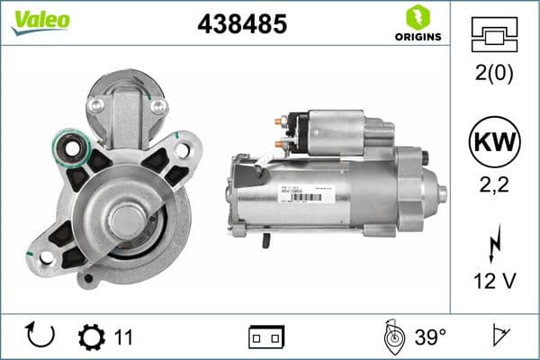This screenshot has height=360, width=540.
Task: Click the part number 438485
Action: (241, 25)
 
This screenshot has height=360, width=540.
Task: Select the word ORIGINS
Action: (418, 37)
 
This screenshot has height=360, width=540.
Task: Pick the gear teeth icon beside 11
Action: (92, 337)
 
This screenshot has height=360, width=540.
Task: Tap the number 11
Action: (124, 337)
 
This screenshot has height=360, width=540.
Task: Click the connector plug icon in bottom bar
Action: (266, 337)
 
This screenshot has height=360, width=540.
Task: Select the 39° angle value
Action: (431, 337)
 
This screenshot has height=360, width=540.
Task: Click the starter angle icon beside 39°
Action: (393, 337)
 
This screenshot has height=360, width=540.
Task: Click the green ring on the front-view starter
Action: (68, 144)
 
